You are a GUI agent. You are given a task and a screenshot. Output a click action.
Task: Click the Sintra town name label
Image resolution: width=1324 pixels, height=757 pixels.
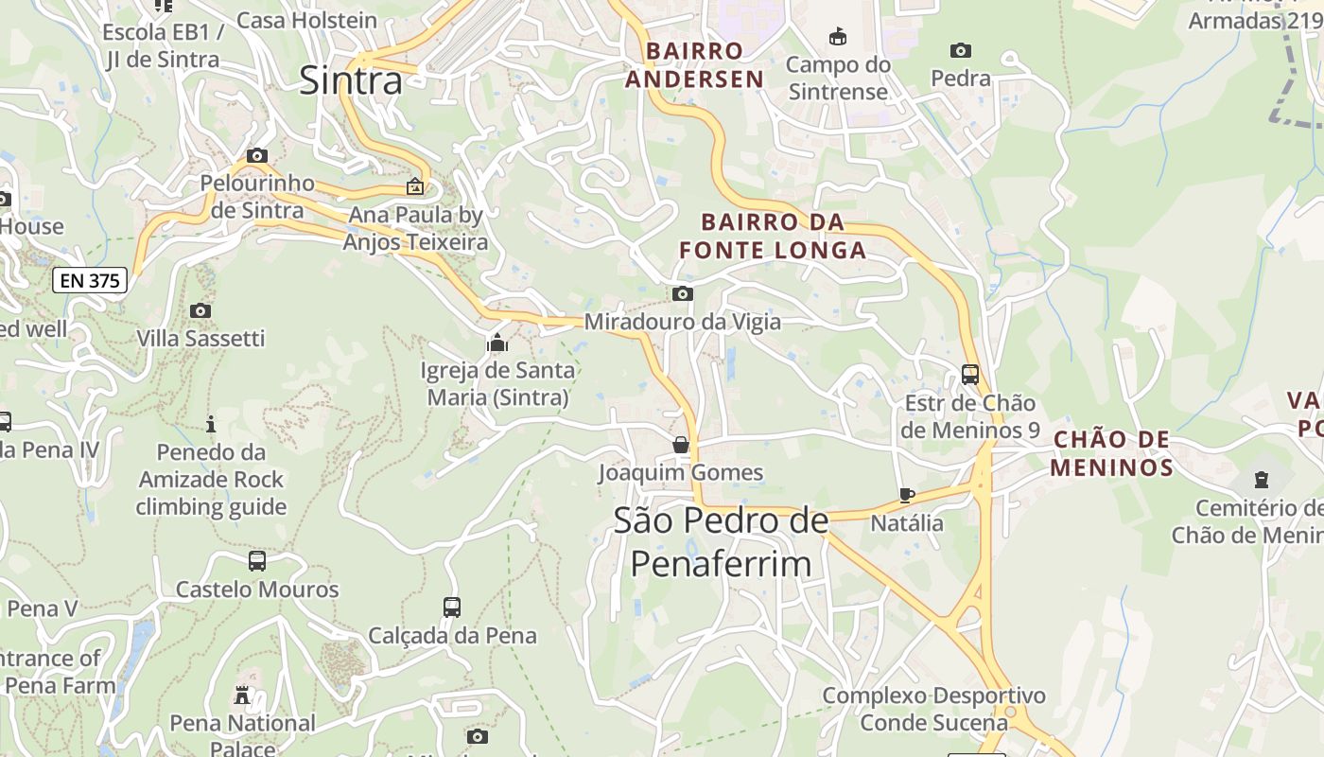tap(351, 79)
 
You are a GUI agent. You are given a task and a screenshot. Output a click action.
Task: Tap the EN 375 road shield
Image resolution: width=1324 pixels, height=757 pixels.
tap(90, 280)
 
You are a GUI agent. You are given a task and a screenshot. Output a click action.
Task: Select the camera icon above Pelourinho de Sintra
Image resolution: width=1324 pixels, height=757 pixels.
tap(256, 155)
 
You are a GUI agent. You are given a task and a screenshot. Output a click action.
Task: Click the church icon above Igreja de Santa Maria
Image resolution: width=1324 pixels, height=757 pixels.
tap(497, 343)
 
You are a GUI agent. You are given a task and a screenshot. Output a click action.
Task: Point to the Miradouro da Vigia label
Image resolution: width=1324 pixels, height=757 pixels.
tap(682, 322)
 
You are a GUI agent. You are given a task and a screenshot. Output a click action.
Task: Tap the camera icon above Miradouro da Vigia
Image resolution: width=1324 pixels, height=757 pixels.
tap(682, 294)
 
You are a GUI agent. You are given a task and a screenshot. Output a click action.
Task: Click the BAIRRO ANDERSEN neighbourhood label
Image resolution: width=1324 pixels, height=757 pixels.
tap(694, 65)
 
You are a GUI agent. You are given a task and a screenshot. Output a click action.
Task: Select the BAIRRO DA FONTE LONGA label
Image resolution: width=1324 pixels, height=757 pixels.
tap(773, 237)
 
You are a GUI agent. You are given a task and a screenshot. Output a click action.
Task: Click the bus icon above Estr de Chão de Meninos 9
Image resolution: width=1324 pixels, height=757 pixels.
tap(970, 374)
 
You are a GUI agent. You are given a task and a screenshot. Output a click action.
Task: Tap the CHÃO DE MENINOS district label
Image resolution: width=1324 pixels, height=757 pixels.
tap(1111, 453)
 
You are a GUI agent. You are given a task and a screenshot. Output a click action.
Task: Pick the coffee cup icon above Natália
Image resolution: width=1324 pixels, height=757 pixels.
tap(906, 494)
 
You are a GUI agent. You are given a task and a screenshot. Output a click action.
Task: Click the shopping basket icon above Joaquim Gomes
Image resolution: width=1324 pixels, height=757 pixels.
tap(681, 444)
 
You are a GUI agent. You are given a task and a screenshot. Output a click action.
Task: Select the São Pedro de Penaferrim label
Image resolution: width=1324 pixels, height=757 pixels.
tap(721, 542)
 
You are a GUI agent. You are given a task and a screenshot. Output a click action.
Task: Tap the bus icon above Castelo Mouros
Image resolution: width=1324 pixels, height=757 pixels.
tap(257, 561)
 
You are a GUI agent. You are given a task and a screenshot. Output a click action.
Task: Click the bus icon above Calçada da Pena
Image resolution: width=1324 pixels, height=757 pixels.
tap(452, 607)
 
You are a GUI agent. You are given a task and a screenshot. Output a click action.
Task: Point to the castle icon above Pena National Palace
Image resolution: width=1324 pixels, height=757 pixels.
tap(243, 696)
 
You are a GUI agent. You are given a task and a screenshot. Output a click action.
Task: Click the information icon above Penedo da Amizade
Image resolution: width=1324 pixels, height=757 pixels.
tap(211, 424)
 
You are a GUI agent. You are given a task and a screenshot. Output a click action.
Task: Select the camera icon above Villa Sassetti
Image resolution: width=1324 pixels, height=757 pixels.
tap(200, 310)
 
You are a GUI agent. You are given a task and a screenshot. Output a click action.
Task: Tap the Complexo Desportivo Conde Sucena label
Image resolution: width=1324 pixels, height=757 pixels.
tap(933, 710)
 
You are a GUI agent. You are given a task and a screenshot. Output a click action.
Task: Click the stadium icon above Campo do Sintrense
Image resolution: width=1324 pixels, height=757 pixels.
tap(837, 37)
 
